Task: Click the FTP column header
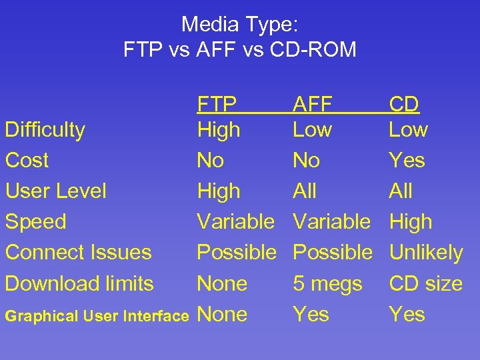[x=217, y=105]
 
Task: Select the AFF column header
[x=312, y=105]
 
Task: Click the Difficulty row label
[x=45, y=130]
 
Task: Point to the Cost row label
[x=27, y=161]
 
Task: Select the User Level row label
[x=55, y=191]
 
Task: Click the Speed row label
[x=35, y=222]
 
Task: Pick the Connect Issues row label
[x=78, y=253]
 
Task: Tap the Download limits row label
[x=79, y=283]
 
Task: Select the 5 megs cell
[x=327, y=284]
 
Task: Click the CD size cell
[x=425, y=283]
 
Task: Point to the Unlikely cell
[x=425, y=253]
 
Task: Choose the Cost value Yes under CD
[x=407, y=161]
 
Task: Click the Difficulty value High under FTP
[x=219, y=130]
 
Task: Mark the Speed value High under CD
[x=410, y=222]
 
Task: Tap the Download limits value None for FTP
[x=222, y=283]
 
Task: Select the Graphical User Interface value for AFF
[x=311, y=314]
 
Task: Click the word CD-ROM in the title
[x=313, y=49]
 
